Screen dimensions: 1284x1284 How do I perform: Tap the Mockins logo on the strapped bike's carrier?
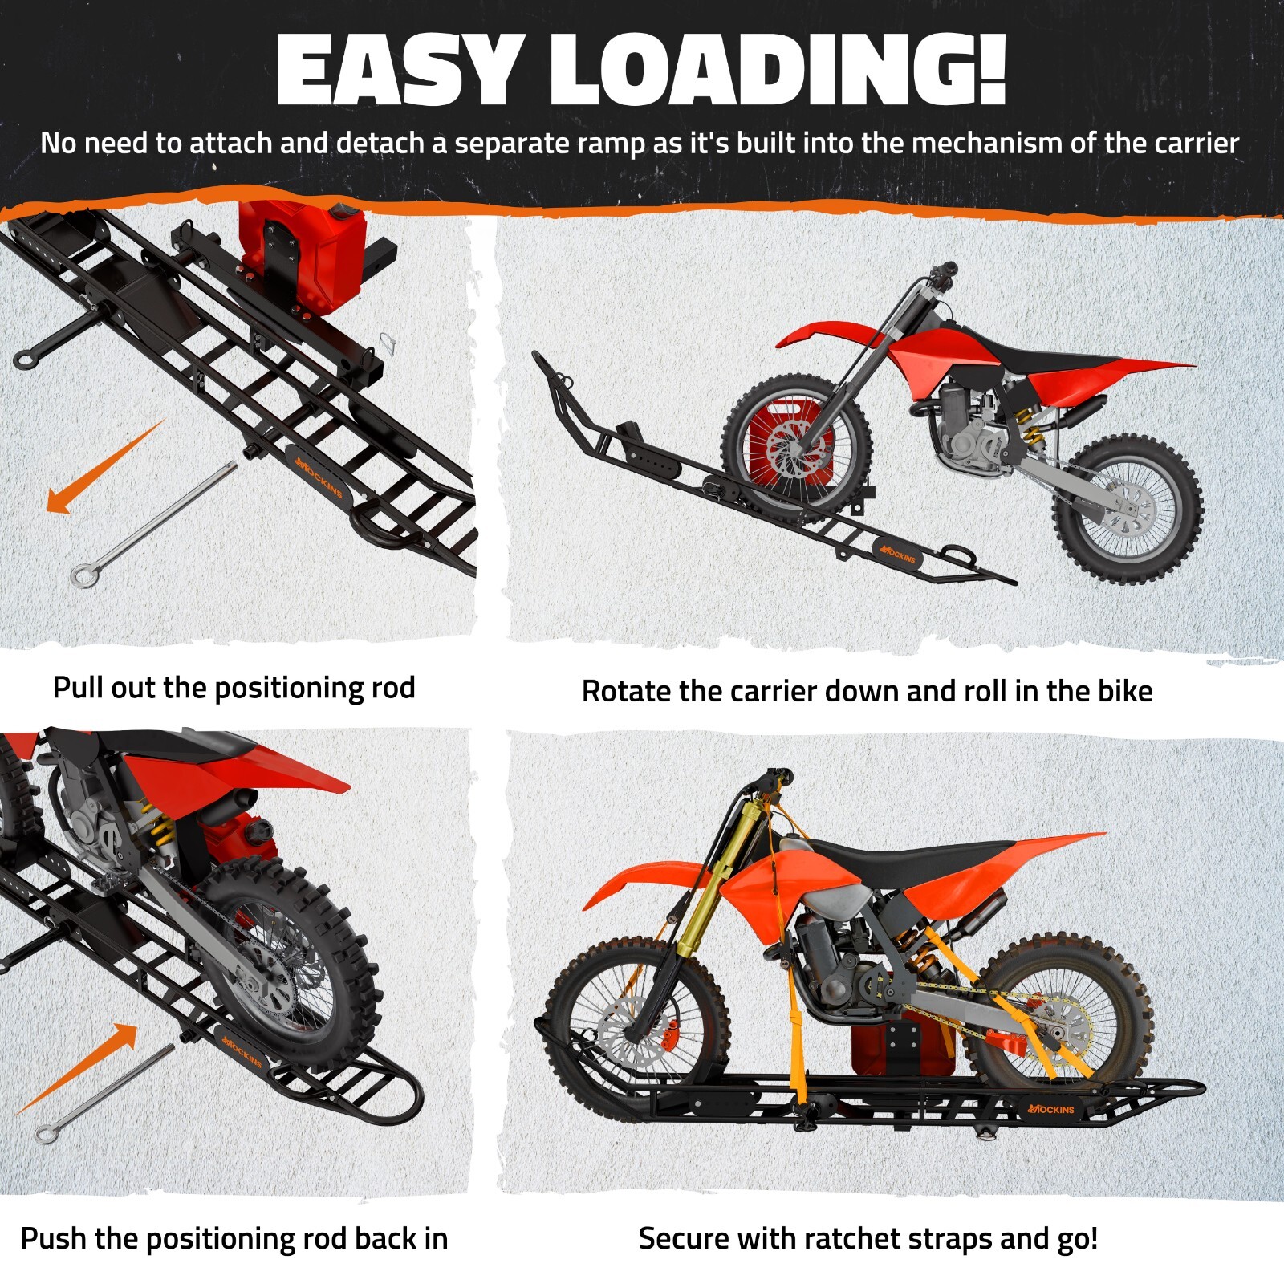[x=1051, y=1109]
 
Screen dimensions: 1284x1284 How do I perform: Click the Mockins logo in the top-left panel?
[x=319, y=476]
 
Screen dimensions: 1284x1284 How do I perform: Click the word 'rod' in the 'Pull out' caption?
[x=392, y=688]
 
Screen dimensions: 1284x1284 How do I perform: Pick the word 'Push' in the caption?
[x=54, y=1238]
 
